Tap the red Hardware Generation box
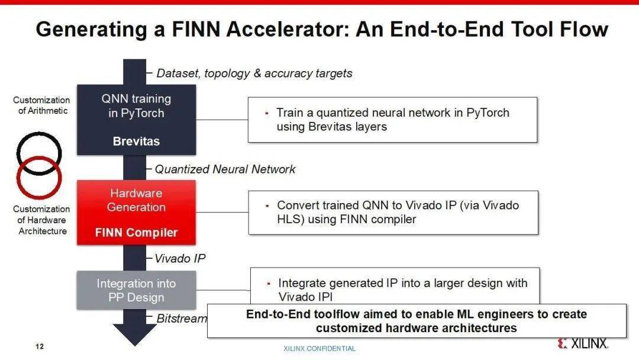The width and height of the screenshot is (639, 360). click(136, 212)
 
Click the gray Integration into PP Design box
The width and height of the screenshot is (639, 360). click(136, 290)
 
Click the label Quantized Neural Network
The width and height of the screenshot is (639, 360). click(225, 169)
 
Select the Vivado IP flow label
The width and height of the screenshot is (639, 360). click(180, 259)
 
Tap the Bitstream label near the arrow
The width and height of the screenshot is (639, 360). click(181, 319)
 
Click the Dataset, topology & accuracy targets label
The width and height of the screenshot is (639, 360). click(254, 73)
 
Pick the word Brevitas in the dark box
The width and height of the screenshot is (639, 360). click(136, 142)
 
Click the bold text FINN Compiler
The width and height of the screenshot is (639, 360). click(136, 233)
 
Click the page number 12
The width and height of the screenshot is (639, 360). click(39, 346)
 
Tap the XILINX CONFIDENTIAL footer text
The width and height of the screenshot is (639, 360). click(319, 349)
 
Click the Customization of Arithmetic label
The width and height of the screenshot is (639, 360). click(41, 105)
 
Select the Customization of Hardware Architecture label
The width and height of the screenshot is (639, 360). click(41, 220)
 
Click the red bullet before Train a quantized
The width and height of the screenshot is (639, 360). click(267, 113)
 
